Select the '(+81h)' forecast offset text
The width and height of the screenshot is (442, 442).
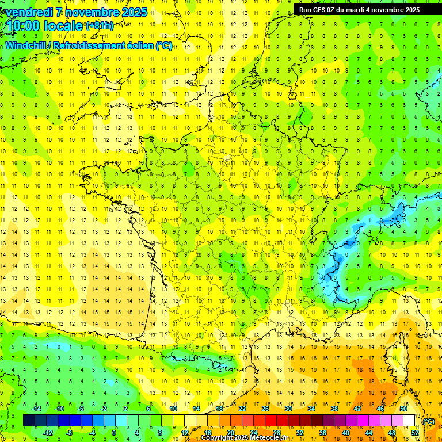coord(100,25)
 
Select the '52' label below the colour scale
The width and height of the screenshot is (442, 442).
coord(415,433)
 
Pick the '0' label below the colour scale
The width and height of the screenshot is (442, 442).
coord(114,433)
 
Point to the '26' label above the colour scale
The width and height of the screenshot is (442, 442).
coord(265,408)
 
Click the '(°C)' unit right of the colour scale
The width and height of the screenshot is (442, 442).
coord(429,421)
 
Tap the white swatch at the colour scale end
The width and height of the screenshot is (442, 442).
coord(409,421)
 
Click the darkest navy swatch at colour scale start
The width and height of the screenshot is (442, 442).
coord(29,421)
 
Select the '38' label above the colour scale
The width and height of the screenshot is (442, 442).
coord(334,408)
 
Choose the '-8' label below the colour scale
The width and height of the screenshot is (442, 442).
coord(70,433)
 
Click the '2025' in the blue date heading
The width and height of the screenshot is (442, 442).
coord(135,12)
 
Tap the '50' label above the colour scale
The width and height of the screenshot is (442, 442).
coord(403,408)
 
